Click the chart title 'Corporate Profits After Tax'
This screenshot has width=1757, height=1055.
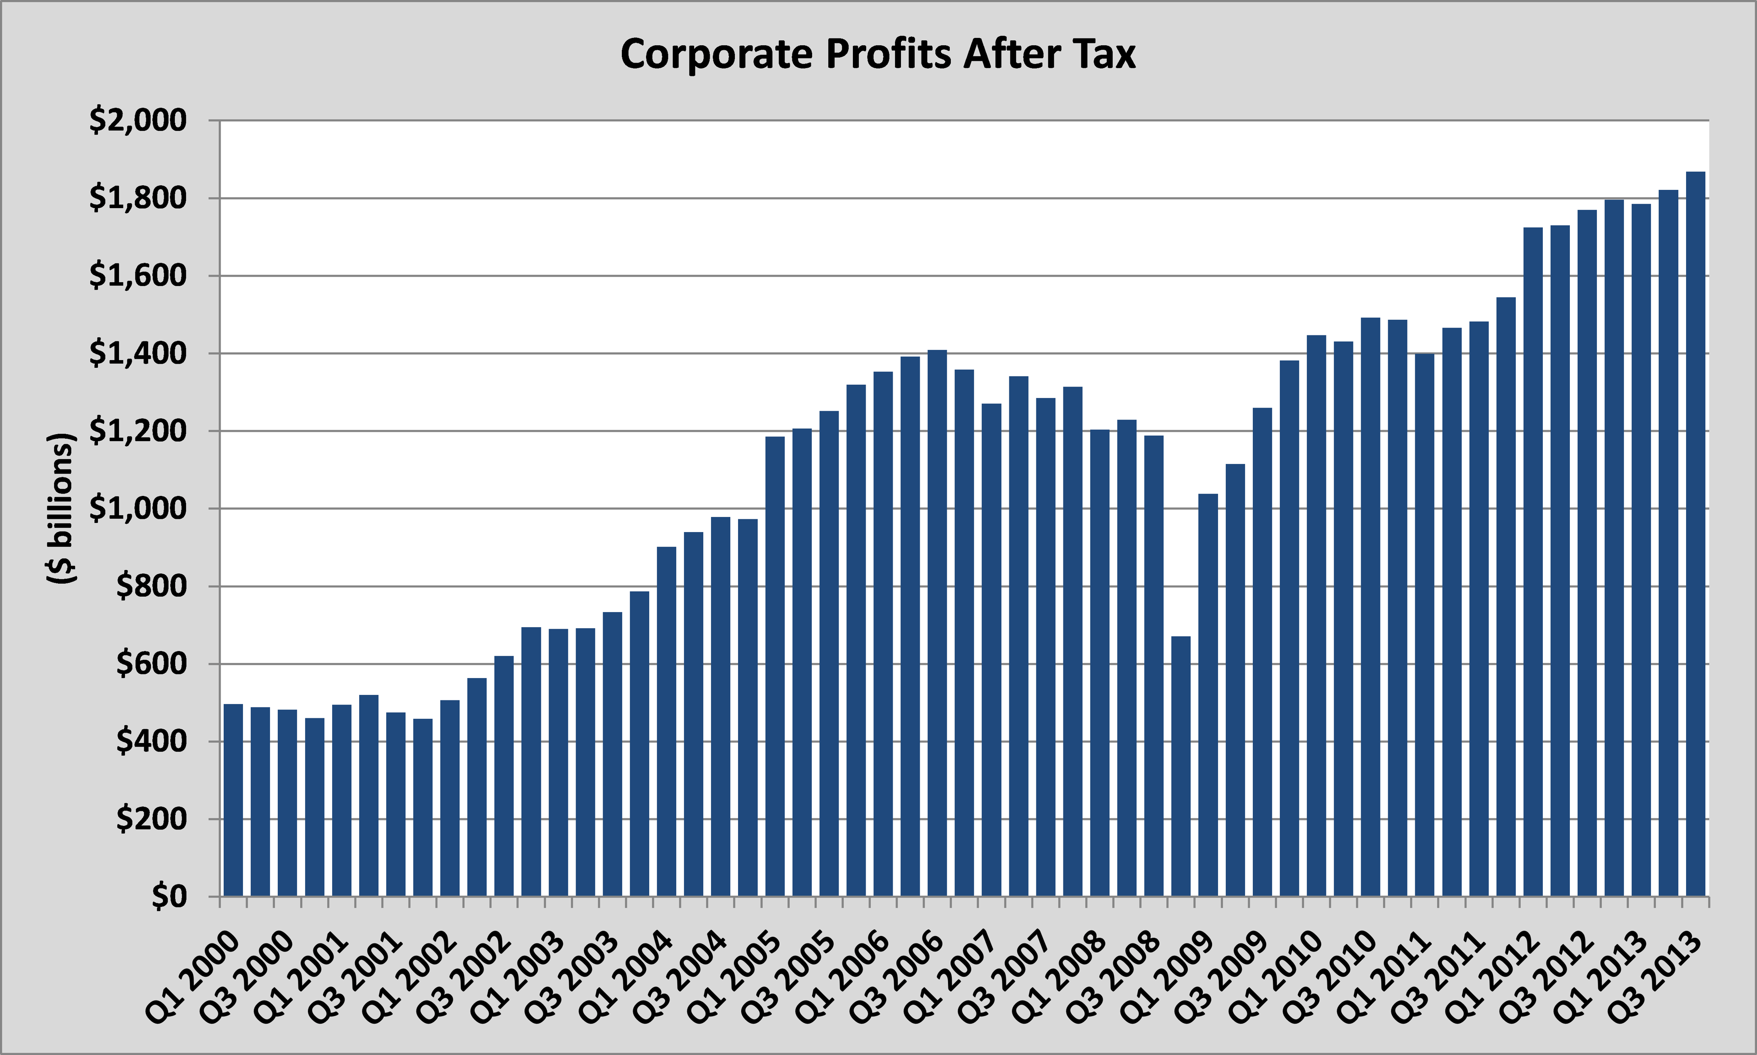tap(878, 54)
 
